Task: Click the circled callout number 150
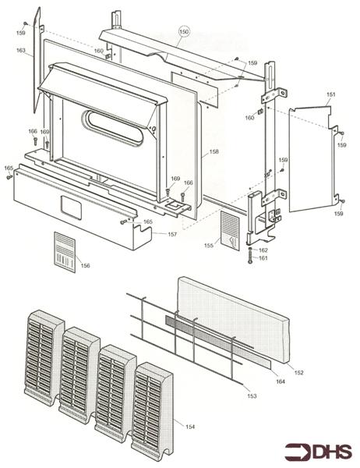tap(185, 31)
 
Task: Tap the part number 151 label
tap(330, 94)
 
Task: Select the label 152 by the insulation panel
tap(298, 372)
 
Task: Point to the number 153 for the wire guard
tap(252, 395)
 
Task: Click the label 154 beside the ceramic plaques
tap(190, 427)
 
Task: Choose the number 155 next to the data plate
tap(209, 245)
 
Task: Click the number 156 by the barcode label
tap(85, 265)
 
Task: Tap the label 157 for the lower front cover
tap(172, 234)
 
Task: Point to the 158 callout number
tap(214, 151)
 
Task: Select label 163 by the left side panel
tap(21, 50)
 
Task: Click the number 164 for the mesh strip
tap(281, 381)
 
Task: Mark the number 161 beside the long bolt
tap(263, 258)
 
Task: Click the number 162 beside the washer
tap(263, 250)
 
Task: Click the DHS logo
tap(318, 452)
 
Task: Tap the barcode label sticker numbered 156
tap(65, 252)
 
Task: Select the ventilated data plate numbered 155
tap(230, 231)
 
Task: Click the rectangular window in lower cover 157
tap(71, 207)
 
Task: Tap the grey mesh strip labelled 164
tap(218, 341)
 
